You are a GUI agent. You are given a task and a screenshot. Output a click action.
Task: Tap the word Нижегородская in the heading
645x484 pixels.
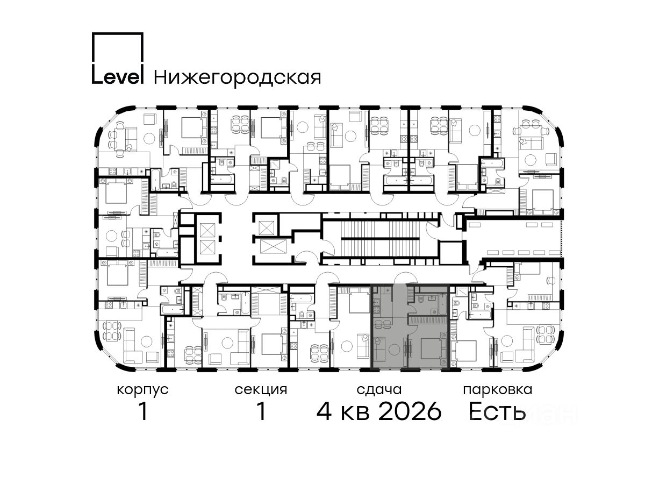point(238,78)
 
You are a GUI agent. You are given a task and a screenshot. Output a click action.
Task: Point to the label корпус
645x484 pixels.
point(142,390)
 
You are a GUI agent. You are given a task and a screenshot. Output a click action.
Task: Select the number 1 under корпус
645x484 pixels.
point(143,411)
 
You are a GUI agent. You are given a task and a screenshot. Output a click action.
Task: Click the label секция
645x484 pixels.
point(261,390)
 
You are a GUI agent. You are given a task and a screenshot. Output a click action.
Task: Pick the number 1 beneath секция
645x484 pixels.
point(261,411)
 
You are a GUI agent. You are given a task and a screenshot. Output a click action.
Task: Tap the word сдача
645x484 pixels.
point(379,390)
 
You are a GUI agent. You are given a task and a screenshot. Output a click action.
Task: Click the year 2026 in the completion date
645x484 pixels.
point(410,411)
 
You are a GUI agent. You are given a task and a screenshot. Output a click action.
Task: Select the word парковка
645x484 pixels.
point(498,390)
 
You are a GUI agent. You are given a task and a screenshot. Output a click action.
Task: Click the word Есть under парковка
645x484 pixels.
point(497,411)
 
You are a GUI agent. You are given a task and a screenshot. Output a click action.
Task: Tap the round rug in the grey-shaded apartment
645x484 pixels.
point(394,350)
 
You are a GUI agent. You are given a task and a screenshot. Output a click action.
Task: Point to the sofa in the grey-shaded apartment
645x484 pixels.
point(379,349)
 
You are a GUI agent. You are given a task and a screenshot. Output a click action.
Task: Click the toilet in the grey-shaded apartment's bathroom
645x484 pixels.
point(421,299)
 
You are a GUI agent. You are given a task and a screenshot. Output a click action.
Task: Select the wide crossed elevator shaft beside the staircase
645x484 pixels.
point(273,246)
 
